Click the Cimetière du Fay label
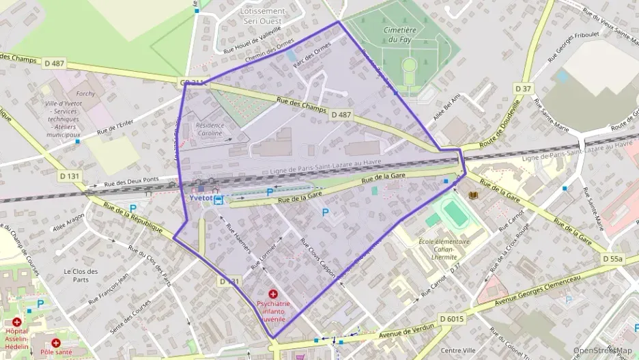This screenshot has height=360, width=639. (x=400, y=35)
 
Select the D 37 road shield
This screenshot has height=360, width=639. (x=523, y=89)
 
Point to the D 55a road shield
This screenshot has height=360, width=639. (x=613, y=260)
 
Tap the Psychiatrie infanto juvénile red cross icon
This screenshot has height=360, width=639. (x=273, y=293)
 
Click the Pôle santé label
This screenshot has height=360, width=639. (x=56, y=352)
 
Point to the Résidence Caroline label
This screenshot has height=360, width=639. (x=209, y=129)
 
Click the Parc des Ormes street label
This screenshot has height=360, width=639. (x=311, y=54)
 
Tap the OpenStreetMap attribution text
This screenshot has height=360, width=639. (x=602, y=351)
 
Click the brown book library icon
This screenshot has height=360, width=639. (x=473, y=196)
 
